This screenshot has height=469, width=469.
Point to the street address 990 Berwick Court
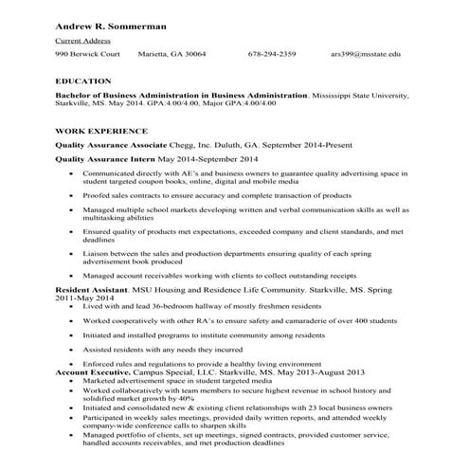[87, 54]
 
